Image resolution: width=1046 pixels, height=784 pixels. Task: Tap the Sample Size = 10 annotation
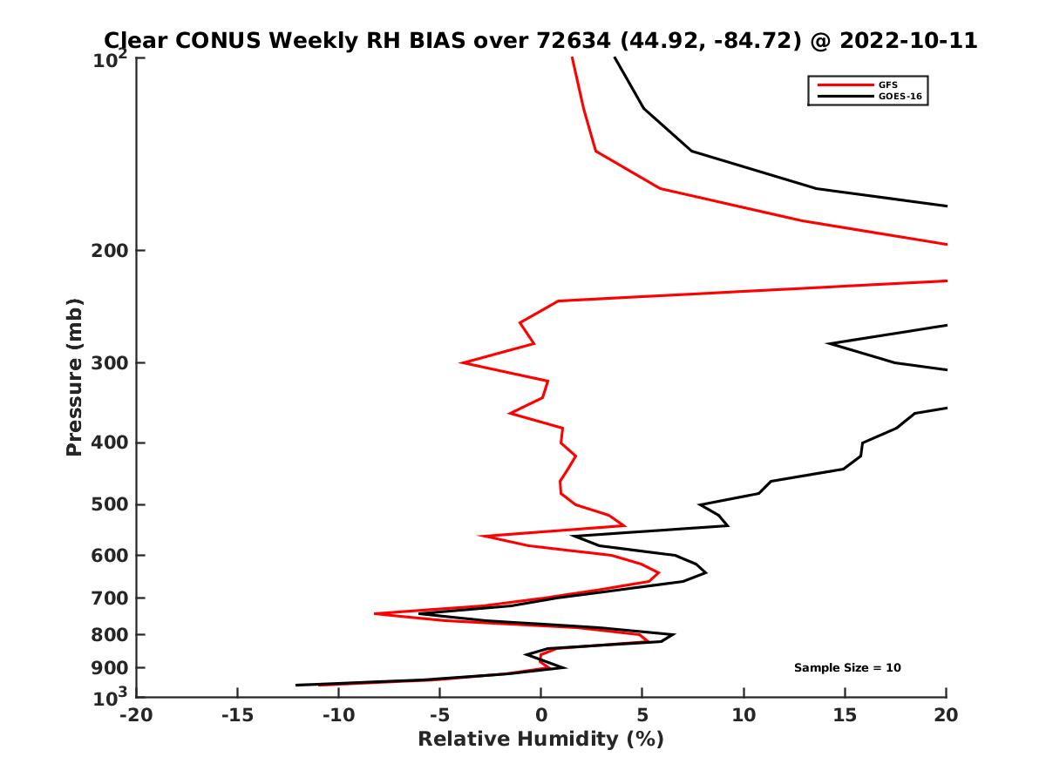pos(847,668)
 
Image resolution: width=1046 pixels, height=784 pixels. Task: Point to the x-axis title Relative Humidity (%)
pos(540,740)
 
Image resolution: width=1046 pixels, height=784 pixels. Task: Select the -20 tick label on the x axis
pos(135,716)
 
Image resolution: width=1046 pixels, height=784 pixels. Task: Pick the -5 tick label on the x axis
pos(439,716)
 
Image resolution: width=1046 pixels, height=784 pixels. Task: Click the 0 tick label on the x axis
pos(541,716)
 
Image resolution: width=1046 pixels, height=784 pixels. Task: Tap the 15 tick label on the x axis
pos(845,716)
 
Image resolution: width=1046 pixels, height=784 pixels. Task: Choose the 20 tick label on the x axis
pos(946,716)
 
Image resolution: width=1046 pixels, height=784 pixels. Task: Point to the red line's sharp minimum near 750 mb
pos(375,614)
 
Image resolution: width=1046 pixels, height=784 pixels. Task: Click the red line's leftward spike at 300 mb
pos(462,362)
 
